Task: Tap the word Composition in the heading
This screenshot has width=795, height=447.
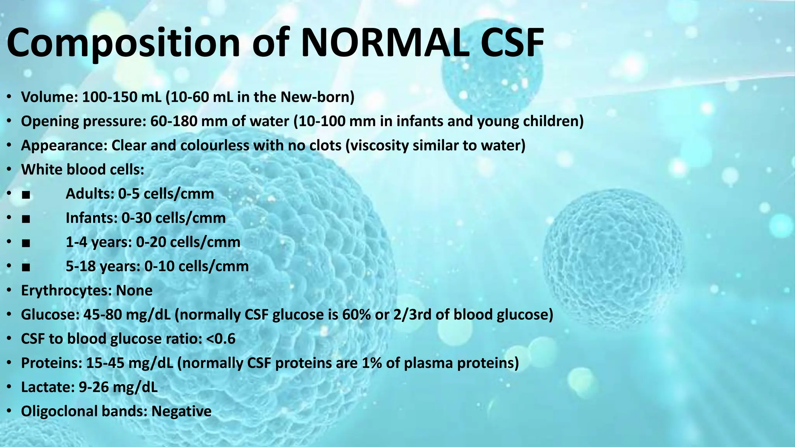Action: pos(123,43)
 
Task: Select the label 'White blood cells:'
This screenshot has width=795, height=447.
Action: pos(83,170)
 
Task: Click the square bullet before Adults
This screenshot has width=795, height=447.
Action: pos(26,194)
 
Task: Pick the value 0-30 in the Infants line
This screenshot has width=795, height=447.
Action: pos(136,218)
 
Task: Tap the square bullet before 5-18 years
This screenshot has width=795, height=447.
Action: pos(26,267)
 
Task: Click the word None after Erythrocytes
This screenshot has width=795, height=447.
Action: pos(134,291)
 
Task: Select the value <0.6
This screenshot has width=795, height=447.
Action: pos(221,339)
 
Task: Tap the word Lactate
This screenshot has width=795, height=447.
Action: pos(47,387)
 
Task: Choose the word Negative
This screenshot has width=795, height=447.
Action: pos(181,411)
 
